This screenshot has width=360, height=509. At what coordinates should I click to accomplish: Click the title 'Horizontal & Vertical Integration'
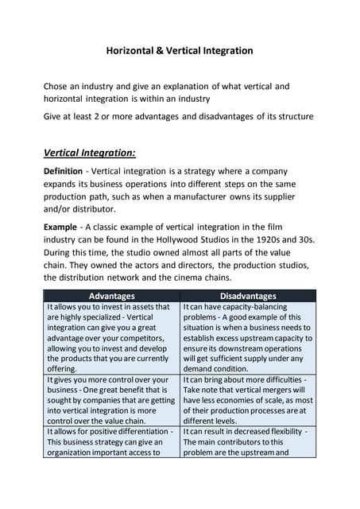pos(180,51)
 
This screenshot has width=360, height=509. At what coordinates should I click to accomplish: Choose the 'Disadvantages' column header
pos(248,296)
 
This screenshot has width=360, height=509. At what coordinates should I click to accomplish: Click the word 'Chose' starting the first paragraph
pos(58,86)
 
